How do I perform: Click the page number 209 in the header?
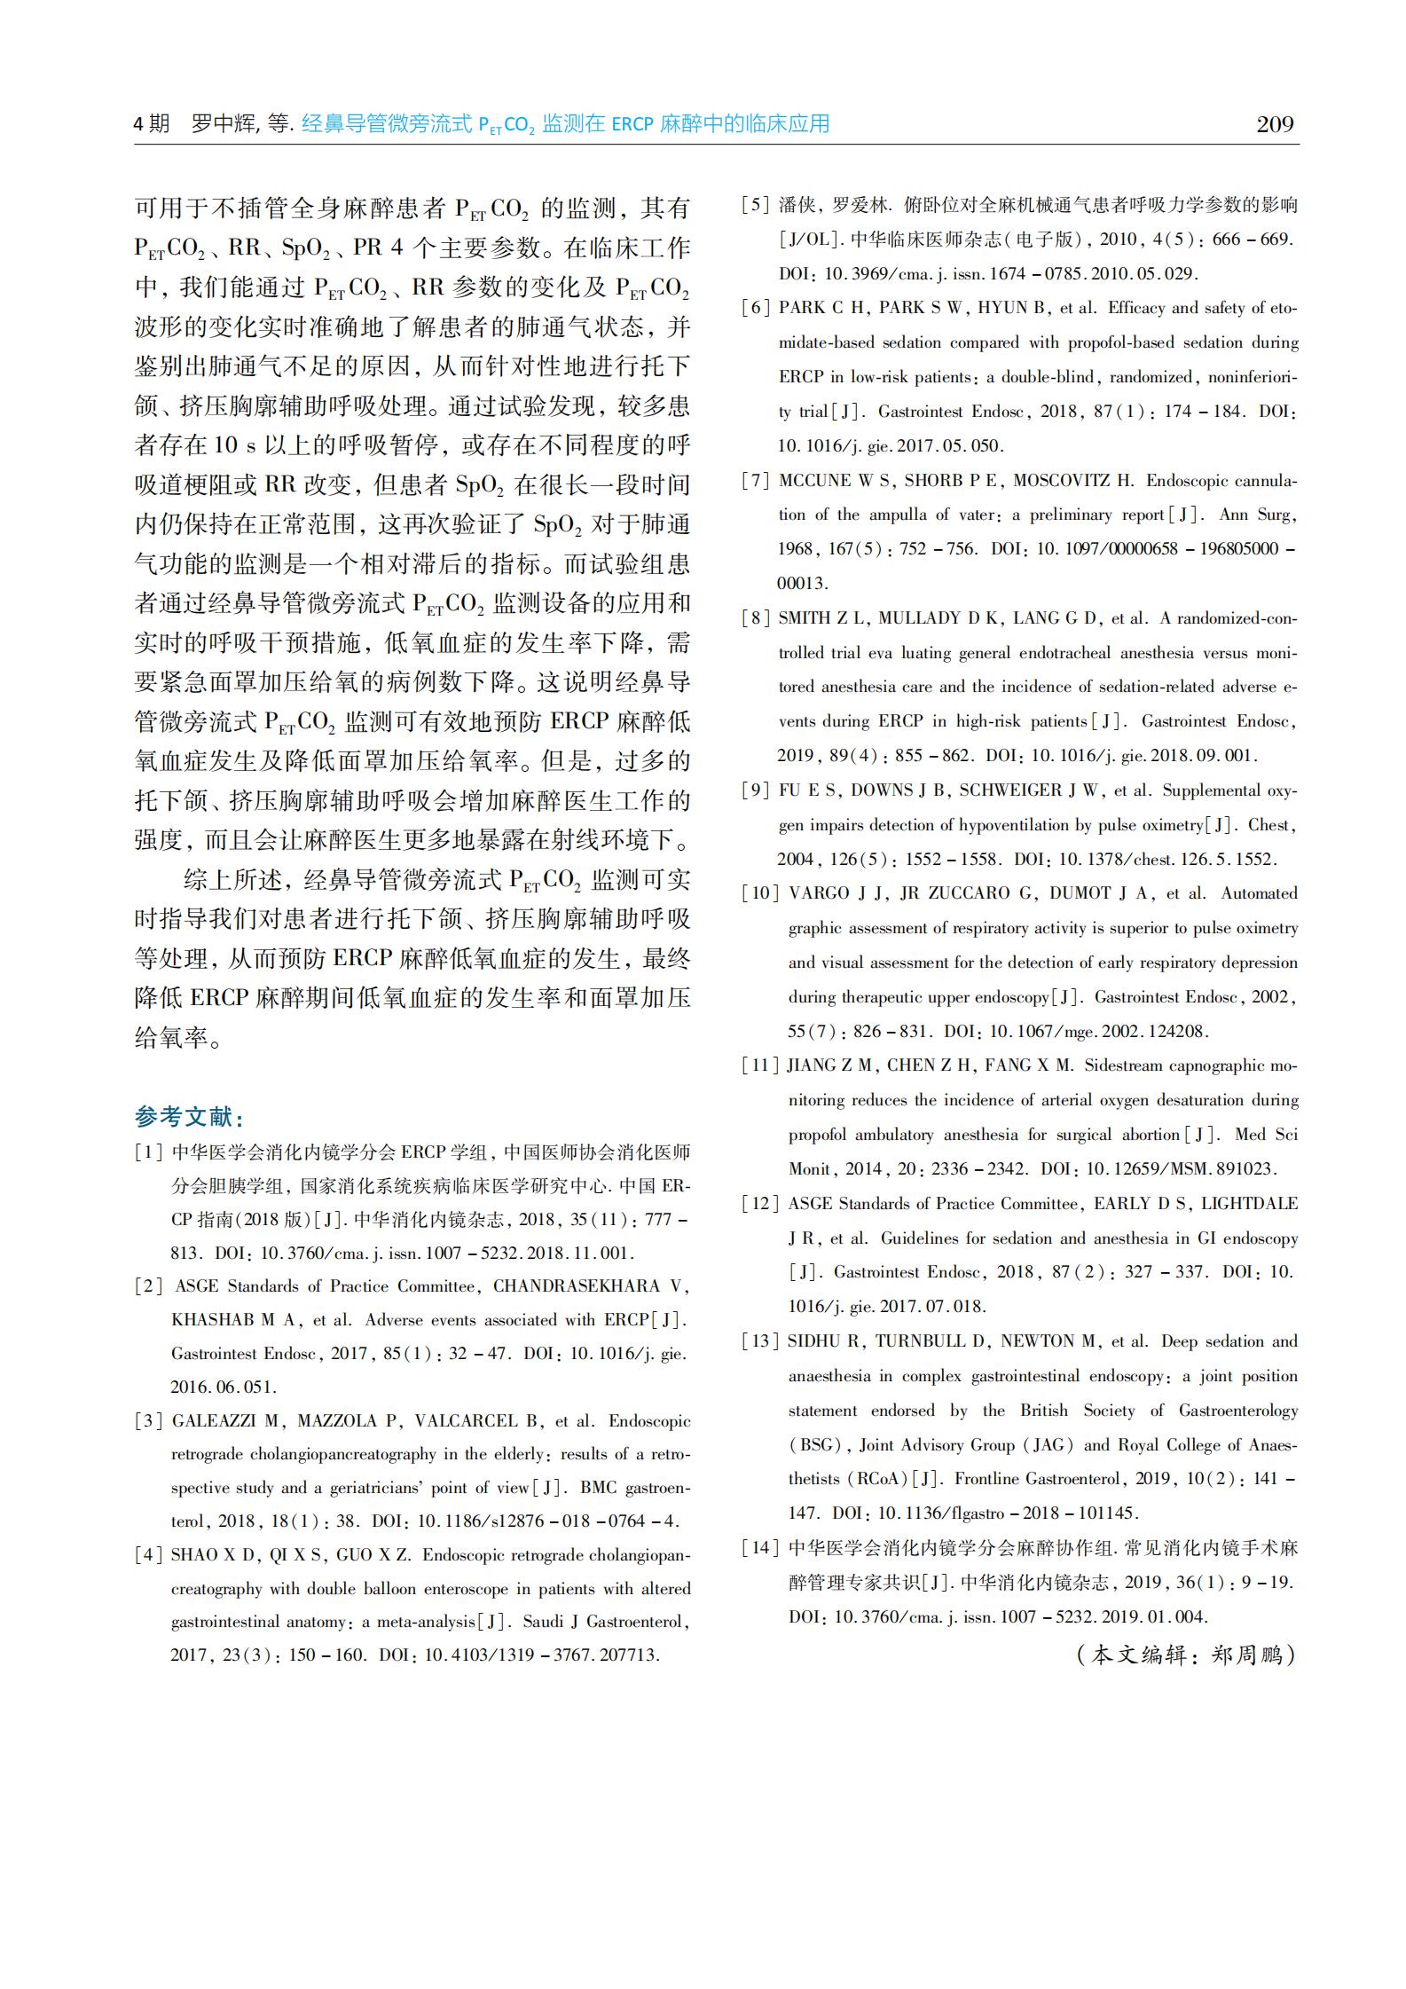coord(1275,124)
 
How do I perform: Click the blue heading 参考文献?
coord(188,1115)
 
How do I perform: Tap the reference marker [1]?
coord(149,1152)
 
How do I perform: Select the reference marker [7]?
coord(756,481)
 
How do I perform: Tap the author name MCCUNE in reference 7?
coord(814,481)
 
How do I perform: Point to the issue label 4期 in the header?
coord(151,124)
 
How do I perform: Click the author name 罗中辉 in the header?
coord(220,124)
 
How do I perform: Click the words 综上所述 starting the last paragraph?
coord(232,880)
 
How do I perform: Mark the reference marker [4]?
coord(149,1554)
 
